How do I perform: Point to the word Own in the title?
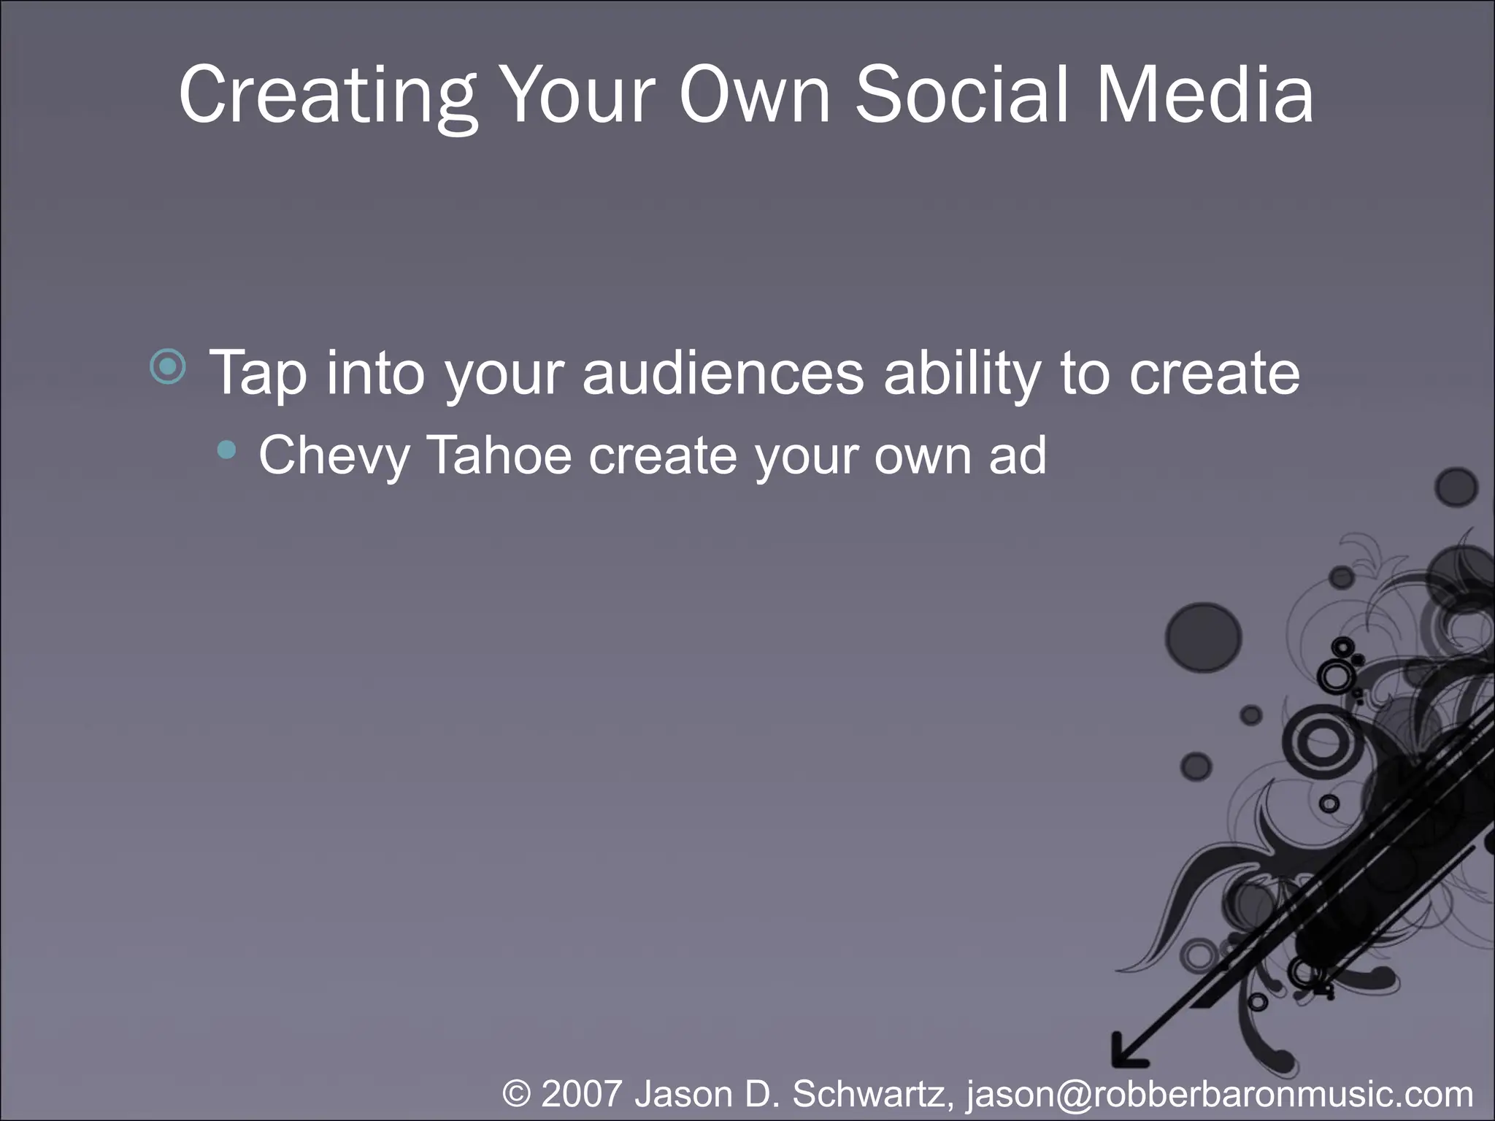tap(755, 95)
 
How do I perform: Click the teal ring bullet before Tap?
tap(168, 366)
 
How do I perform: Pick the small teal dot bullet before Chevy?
tap(227, 451)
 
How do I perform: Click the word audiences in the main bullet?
tap(723, 373)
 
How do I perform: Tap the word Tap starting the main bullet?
tap(257, 373)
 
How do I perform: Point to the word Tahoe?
tap(499, 455)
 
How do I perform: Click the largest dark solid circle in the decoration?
tap(1203, 637)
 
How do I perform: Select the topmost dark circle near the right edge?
tap(1456, 487)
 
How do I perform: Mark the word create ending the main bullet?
tap(1214, 373)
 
